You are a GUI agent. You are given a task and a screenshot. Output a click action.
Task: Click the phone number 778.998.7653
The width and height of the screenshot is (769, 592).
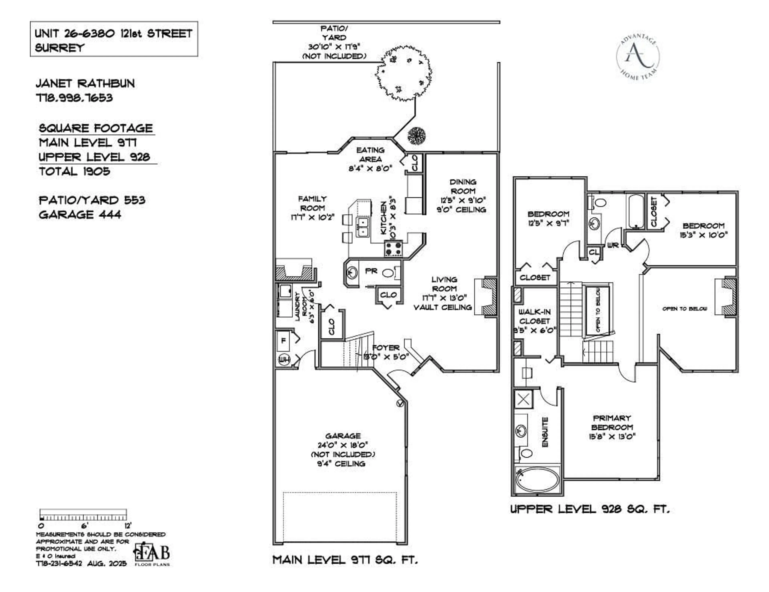[x=74, y=98]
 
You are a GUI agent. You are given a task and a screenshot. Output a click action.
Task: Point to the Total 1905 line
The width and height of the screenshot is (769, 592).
[x=75, y=171]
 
